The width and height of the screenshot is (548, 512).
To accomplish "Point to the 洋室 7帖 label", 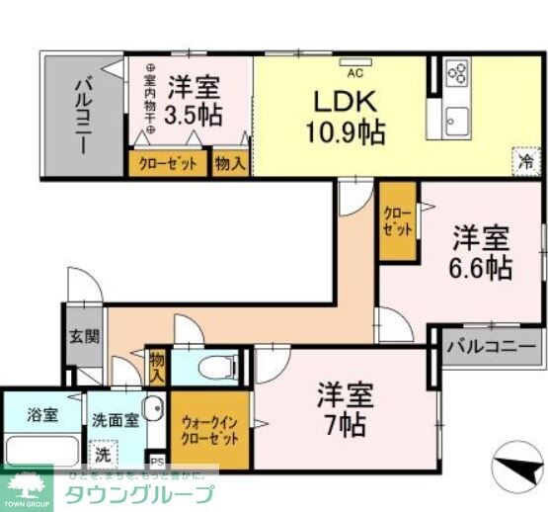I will (344, 409).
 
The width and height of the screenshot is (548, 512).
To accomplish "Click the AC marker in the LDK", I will (352, 71).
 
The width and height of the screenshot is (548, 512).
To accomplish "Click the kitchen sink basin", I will (456, 123).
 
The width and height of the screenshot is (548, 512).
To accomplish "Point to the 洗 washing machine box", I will (103, 455).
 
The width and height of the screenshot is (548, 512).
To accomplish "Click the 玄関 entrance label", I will (84, 336).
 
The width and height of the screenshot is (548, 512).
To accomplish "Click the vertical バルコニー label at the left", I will (83, 116).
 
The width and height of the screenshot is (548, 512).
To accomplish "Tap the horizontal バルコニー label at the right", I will (491, 348).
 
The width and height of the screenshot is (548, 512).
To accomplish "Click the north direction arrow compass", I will (513, 465).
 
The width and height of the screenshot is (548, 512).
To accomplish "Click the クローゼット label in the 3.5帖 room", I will (167, 163).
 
